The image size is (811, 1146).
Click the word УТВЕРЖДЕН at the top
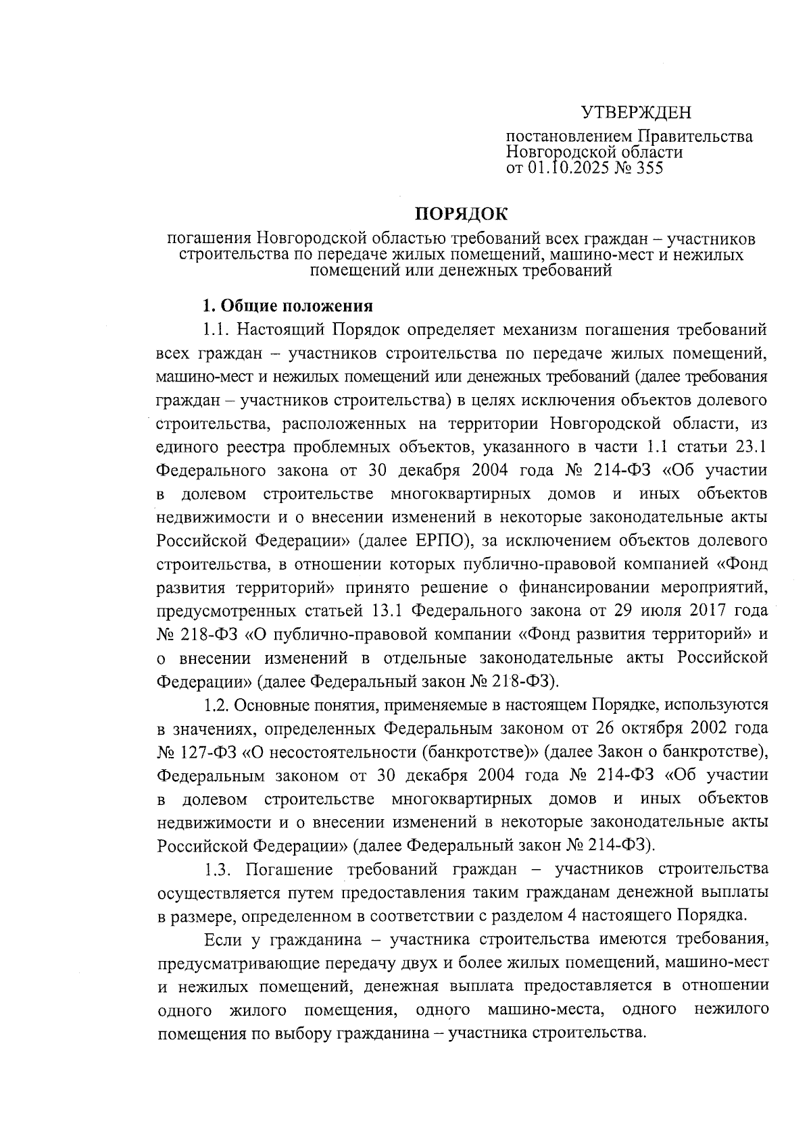637,113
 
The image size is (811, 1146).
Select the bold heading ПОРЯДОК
460,214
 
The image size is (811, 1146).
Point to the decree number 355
647,168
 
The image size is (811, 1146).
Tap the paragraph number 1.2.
218,705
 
